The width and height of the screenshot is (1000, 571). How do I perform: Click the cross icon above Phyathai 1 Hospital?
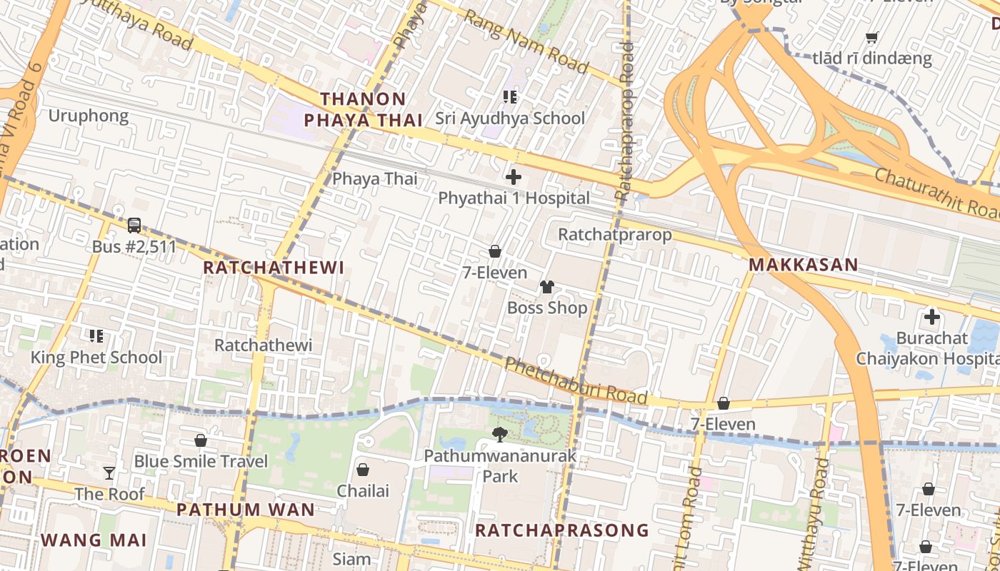click(513, 177)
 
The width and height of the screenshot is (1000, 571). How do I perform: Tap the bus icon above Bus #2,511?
click(134, 226)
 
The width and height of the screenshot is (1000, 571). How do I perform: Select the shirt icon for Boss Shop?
click(547, 287)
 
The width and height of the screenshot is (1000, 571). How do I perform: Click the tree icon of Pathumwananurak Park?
click(500, 434)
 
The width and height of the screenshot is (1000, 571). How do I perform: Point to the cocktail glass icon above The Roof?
click(109, 473)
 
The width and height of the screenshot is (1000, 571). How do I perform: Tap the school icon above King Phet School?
click(96, 335)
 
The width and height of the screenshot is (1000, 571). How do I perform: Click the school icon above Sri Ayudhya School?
click(509, 97)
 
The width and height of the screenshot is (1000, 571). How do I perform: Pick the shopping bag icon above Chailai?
click(363, 470)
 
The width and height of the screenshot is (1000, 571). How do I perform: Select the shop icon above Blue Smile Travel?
click(201, 440)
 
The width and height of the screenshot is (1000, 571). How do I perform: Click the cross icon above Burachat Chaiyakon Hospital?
click(931, 317)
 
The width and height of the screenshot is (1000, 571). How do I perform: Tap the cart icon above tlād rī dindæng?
click(871, 37)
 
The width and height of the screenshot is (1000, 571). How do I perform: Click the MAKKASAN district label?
click(803, 265)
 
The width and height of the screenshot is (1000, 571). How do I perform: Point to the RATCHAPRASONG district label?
click(562, 530)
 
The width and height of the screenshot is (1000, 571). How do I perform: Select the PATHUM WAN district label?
click(245, 510)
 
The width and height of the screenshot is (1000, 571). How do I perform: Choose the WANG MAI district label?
click(94, 540)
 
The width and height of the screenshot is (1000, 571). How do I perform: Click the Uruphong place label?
click(89, 116)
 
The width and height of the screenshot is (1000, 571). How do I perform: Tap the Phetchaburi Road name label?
click(576, 381)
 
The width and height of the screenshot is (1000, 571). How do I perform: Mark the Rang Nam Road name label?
click(526, 41)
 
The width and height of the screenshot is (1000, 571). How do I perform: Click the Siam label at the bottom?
click(351, 559)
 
